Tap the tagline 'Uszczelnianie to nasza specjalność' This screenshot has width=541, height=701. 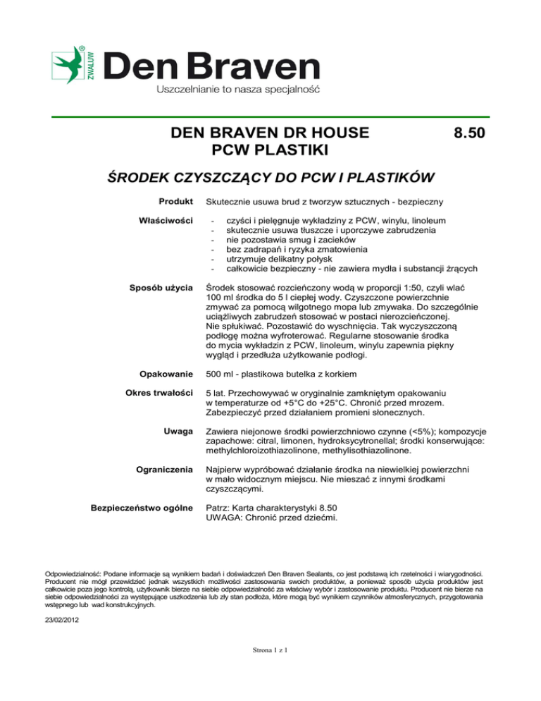click(x=237, y=90)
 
